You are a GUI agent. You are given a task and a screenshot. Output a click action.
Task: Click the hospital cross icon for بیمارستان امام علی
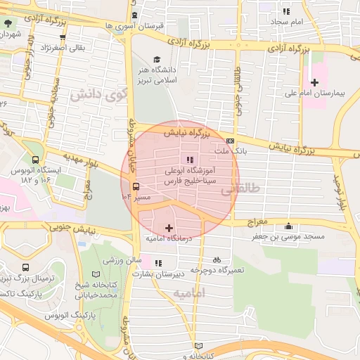click(314, 82)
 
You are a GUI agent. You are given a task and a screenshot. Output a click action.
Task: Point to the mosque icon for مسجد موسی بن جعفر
click(288, 226)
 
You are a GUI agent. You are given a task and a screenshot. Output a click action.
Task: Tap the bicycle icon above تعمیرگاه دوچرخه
click(217, 259)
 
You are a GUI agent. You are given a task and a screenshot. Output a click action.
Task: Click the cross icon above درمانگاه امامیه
click(169, 228)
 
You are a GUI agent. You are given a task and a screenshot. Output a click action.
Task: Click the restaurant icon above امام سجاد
click(285, 11)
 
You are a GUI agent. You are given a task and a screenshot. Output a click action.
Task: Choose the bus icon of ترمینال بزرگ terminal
click(26, 268)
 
